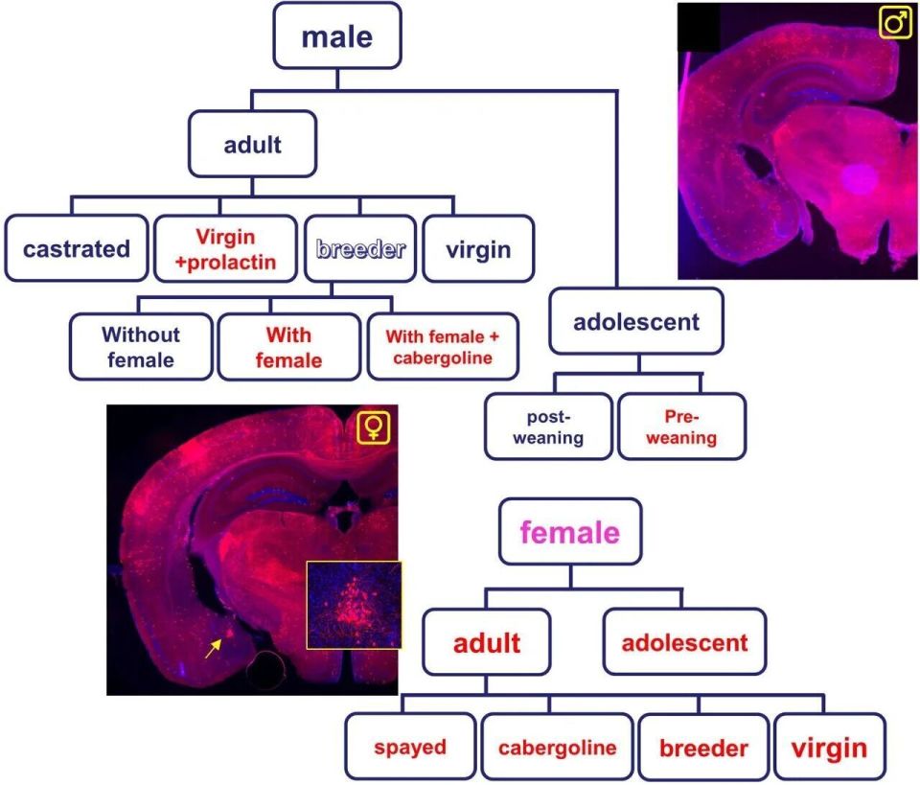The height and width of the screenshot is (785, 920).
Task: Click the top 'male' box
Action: point(336,37)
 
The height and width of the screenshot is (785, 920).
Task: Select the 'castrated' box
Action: point(77,249)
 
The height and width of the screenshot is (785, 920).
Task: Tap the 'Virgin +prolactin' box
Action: point(225,247)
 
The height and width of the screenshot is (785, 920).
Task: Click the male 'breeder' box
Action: point(359,249)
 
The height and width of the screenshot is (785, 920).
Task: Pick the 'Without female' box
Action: point(140,347)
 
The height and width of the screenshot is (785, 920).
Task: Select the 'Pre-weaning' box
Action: point(681,427)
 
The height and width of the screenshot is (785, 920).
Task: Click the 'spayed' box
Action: point(410,747)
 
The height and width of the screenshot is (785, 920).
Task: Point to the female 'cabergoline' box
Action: point(557,747)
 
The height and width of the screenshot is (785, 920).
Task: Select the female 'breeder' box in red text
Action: point(703,747)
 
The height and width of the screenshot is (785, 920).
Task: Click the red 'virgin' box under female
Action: point(830,747)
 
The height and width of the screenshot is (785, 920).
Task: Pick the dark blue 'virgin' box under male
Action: point(477,249)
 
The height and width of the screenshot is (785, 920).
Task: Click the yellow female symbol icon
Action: point(374,427)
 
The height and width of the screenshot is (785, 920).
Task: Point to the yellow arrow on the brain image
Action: point(215,648)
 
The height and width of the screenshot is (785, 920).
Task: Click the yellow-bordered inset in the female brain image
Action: point(354,604)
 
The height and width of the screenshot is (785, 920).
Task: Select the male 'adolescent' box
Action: point(635,321)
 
